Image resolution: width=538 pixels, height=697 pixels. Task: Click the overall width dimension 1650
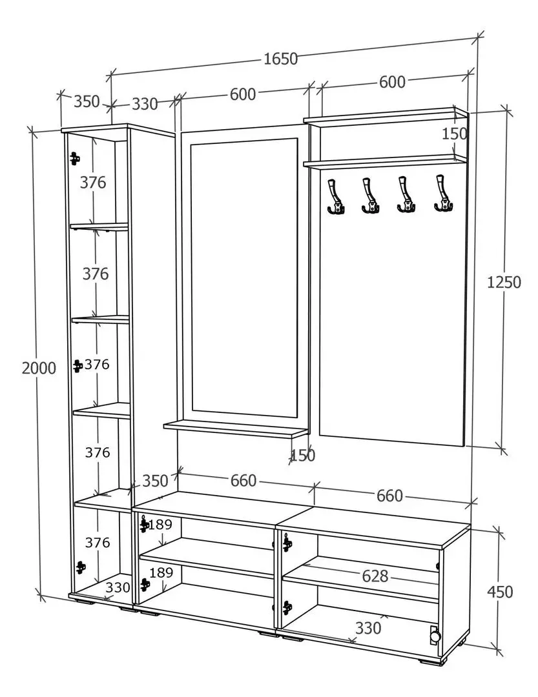(x=281, y=59)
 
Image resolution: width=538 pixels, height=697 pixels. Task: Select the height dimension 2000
(x=39, y=368)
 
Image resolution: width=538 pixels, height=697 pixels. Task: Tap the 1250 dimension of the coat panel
(x=504, y=282)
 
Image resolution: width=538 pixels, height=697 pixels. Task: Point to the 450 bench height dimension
(x=499, y=591)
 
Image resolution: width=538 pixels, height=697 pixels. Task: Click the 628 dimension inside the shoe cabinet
(x=375, y=576)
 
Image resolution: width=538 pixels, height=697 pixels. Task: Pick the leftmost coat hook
(x=335, y=196)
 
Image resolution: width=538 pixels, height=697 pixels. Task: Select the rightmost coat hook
(x=443, y=194)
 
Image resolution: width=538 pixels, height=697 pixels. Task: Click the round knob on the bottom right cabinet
(x=435, y=636)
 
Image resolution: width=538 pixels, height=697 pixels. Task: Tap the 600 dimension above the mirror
(x=243, y=94)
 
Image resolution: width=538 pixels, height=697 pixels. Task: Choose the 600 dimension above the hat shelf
(x=392, y=82)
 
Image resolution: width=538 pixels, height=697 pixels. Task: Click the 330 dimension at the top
(x=145, y=103)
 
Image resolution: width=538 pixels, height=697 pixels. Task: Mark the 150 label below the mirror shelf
(x=302, y=456)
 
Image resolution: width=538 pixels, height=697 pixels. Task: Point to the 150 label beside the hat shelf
(x=454, y=134)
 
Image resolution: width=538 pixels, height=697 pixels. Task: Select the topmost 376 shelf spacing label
(x=93, y=183)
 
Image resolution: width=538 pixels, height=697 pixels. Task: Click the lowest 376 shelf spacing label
(x=98, y=543)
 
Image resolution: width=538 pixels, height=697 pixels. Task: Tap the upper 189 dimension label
(x=160, y=523)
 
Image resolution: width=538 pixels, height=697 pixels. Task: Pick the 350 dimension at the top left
(x=87, y=101)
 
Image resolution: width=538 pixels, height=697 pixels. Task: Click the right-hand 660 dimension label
(x=389, y=496)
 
